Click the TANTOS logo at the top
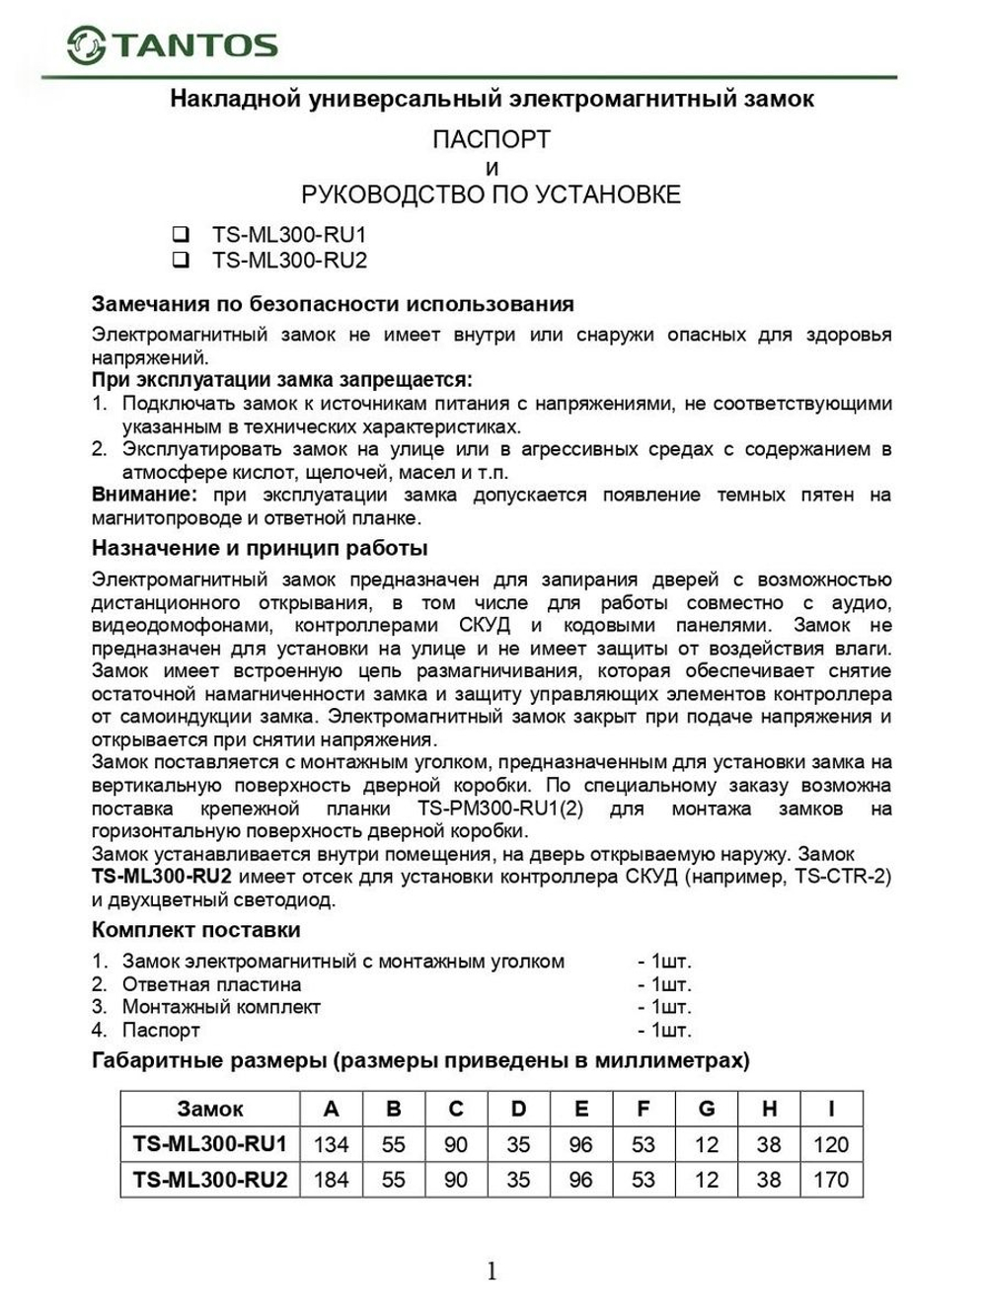(x=173, y=44)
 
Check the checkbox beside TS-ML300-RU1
(x=181, y=235)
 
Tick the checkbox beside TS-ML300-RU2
(x=181, y=261)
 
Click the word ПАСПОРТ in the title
(x=491, y=140)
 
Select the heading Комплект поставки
(x=195, y=930)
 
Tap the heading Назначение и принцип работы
(x=260, y=548)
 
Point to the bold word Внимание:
(x=144, y=495)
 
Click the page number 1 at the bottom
(x=492, y=1271)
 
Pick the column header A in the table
(x=331, y=1109)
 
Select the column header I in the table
(x=831, y=1109)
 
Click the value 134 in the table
(x=331, y=1144)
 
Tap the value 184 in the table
(x=331, y=1180)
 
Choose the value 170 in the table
(x=831, y=1180)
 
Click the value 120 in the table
(x=831, y=1144)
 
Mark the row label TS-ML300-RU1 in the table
(x=209, y=1144)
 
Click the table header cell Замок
(x=209, y=1109)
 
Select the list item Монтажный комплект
(x=221, y=1007)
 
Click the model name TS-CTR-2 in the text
(x=843, y=877)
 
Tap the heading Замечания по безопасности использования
(x=333, y=304)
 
